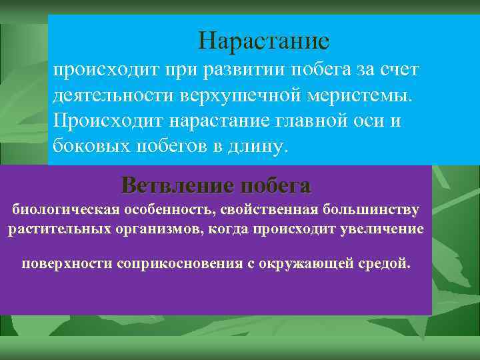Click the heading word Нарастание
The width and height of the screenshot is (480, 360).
pyautogui.click(x=263, y=41)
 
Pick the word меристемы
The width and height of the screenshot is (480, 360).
pyautogui.click(x=360, y=95)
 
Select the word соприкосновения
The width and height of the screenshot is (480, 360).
pyautogui.click(x=177, y=263)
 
